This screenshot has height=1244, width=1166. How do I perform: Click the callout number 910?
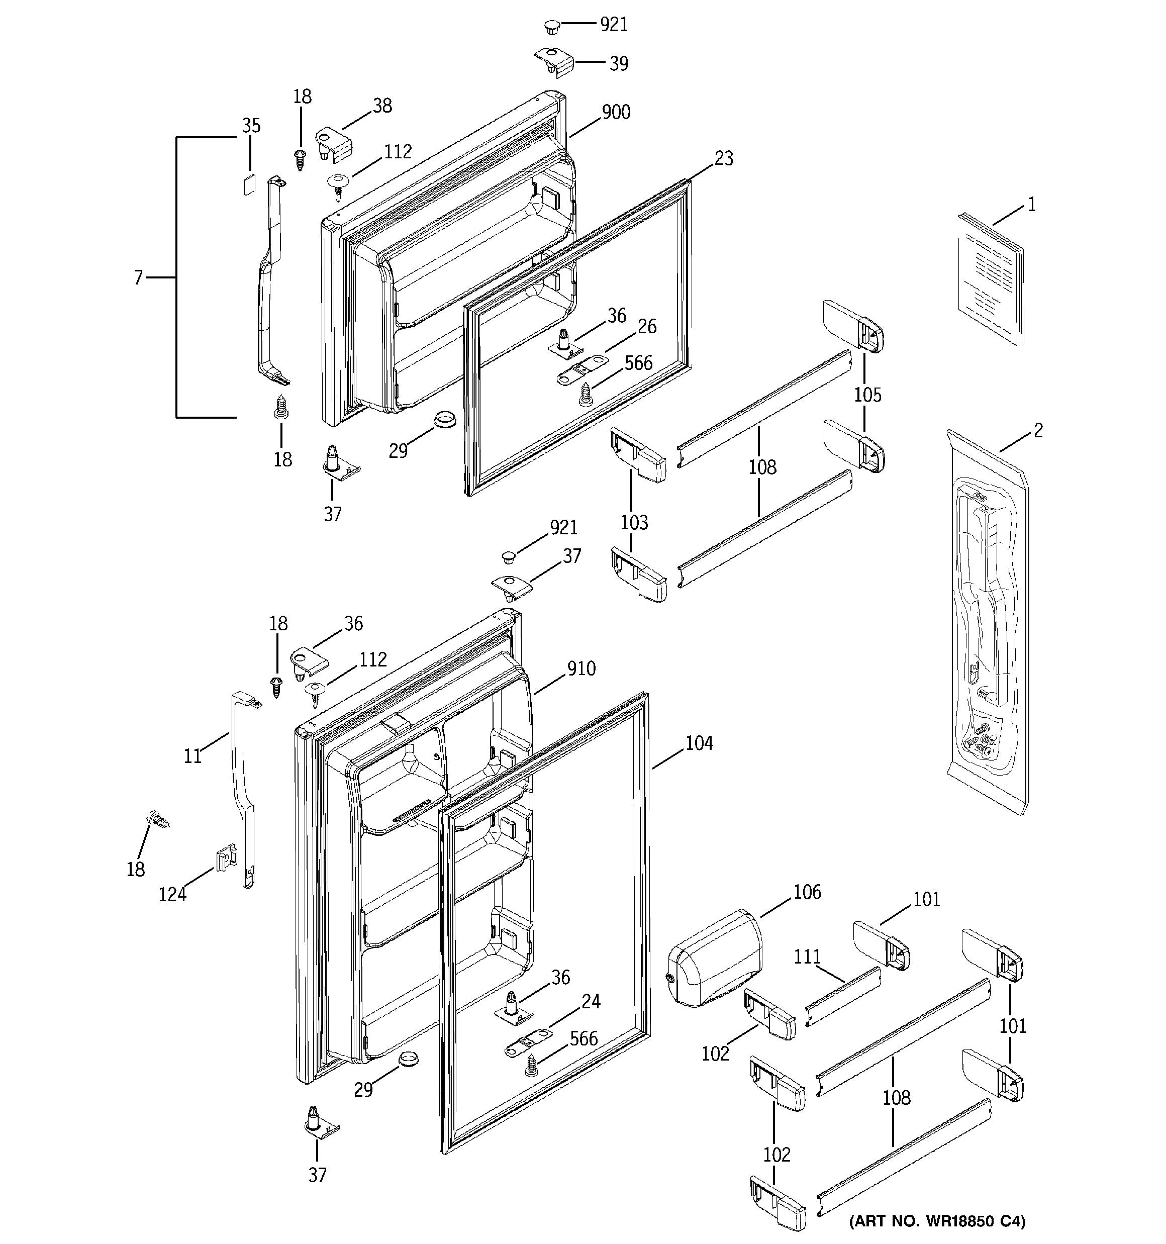tap(581, 668)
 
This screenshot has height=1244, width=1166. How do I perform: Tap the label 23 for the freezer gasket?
tap(724, 158)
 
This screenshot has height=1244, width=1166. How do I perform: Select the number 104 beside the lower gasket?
tap(699, 743)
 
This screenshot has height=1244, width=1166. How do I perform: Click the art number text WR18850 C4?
tap(937, 1220)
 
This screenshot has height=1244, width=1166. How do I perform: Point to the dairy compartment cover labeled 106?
tap(714, 961)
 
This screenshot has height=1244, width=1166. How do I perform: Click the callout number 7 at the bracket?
tap(138, 277)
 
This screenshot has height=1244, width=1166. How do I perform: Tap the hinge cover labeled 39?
tap(554, 62)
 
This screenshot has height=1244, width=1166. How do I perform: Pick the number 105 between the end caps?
tap(867, 395)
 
